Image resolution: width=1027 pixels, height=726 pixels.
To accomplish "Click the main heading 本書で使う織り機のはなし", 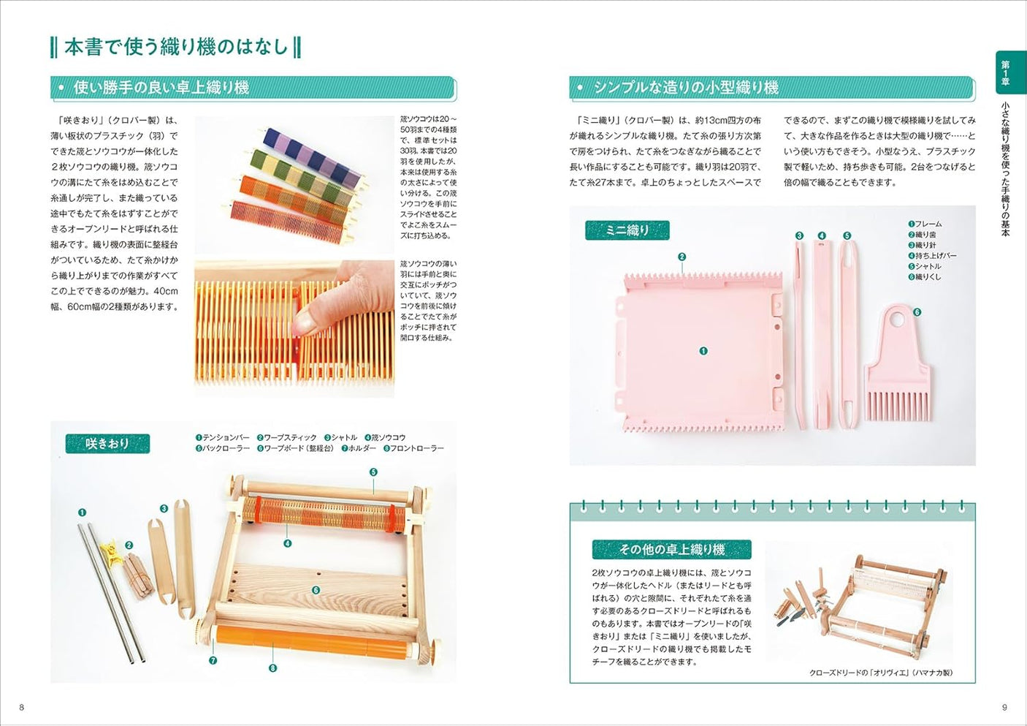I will [175, 47].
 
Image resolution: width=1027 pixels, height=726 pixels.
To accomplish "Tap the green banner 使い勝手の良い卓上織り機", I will [161, 88].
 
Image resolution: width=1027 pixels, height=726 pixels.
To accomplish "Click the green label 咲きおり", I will [107, 443].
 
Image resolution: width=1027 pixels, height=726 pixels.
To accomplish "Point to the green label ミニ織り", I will [627, 230].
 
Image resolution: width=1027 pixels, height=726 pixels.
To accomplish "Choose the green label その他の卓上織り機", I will [671, 549].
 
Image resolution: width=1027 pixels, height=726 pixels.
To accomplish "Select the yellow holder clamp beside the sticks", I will [112, 550].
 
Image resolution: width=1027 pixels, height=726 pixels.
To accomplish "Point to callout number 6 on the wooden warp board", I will [316, 589].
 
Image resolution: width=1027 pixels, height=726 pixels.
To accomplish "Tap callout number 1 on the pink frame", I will [703, 351].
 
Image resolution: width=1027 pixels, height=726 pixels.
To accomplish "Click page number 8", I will [21, 707].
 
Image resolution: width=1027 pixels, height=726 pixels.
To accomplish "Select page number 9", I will [1004, 707].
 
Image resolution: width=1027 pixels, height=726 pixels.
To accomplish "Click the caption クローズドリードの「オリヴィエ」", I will [880, 673].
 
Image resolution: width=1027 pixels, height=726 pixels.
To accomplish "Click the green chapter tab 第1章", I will [1006, 73].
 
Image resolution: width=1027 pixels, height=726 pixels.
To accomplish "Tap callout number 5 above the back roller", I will [373, 472].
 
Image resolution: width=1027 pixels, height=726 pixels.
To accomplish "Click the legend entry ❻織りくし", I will [925, 277].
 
